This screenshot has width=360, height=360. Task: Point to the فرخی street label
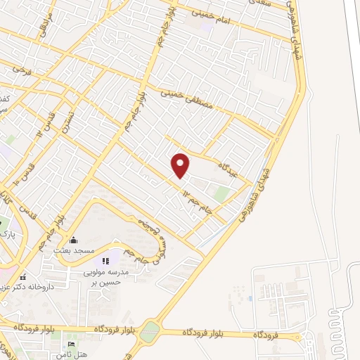click(x=22, y=70)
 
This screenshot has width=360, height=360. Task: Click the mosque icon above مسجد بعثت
click(x=74, y=240)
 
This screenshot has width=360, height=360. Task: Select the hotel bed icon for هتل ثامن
click(x=71, y=344)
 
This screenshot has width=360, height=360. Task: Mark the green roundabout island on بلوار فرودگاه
click(x=149, y=332)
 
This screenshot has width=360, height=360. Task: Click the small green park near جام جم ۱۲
click(x=221, y=193)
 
